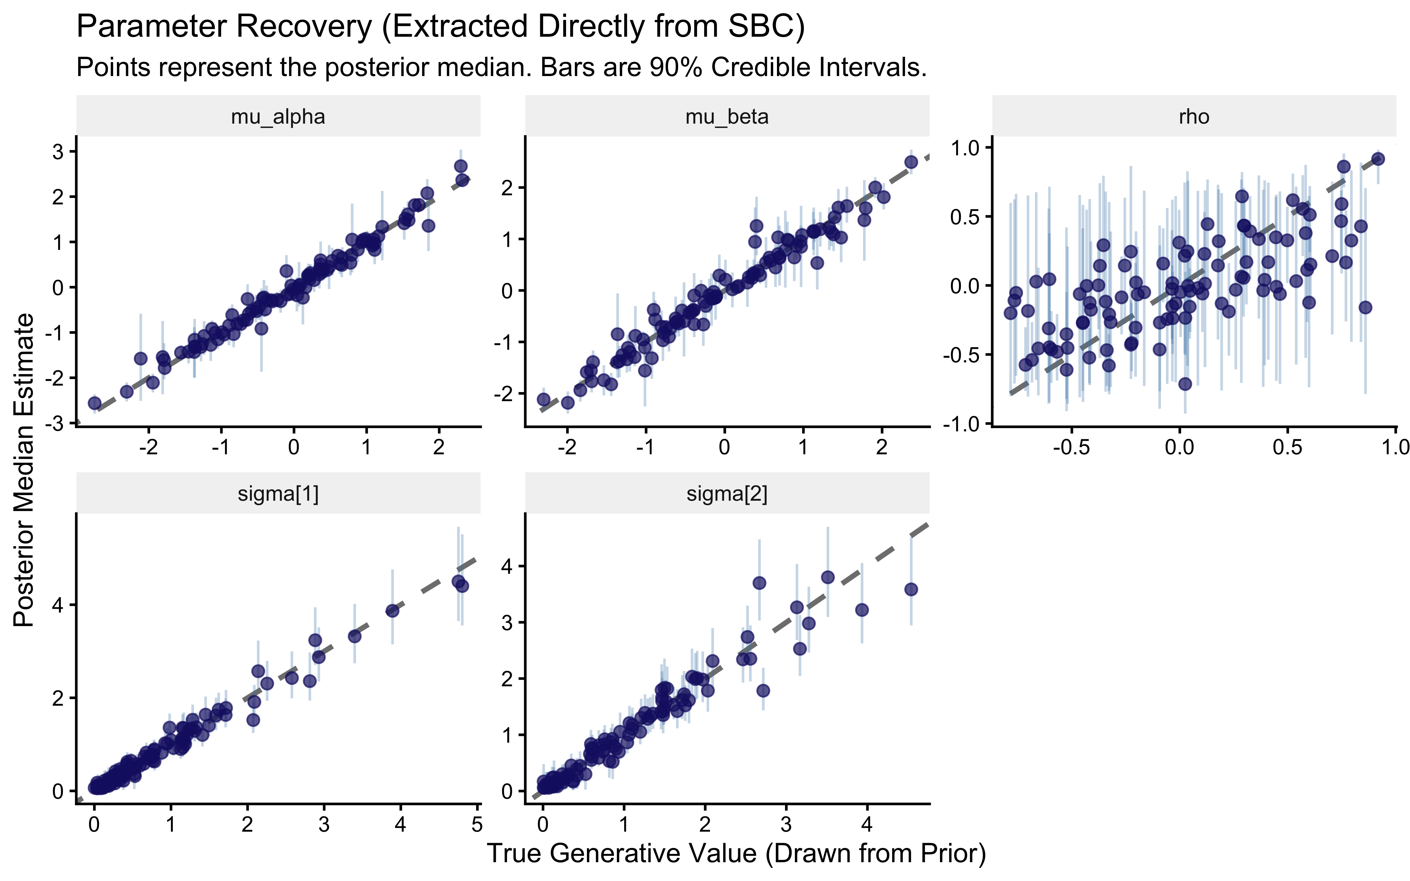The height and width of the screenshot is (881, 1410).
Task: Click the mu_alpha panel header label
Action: pos(278,117)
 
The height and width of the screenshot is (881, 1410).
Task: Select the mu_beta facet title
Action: pos(726,117)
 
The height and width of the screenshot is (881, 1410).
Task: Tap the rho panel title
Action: pos(1194,117)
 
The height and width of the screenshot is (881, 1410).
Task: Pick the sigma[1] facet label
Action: pos(278,494)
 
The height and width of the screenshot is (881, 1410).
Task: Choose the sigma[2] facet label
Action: pos(726,494)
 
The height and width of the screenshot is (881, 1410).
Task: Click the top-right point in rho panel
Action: pos(1378,159)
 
